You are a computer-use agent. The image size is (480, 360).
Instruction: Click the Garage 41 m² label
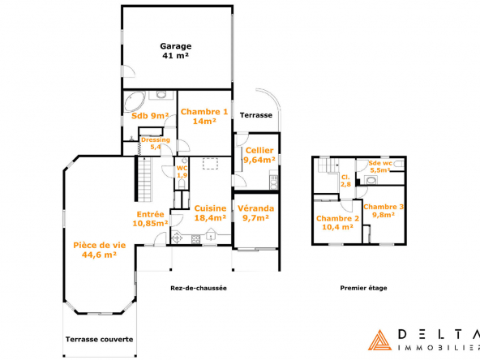[x=176, y=51]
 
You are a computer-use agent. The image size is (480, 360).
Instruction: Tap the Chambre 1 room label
[x=204, y=116]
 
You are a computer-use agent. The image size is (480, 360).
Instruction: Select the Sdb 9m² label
[x=150, y=116]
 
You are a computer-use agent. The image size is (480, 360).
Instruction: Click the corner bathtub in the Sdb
[x=134, y=101]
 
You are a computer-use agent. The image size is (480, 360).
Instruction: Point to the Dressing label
[x=156, y=143]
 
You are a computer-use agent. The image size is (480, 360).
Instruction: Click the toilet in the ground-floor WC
[x=182, y=184]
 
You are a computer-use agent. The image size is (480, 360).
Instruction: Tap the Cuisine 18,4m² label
[x=210, y=213]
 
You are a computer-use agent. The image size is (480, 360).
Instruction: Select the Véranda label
[x=256, y=213]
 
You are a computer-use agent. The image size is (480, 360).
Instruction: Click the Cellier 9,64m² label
[x=259, y=155]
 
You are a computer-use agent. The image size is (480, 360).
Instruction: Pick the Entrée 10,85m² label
[x=150, y=219]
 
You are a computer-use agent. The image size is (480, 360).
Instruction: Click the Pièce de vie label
[x=100, y=250]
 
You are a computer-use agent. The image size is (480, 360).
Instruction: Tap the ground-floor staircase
[x=144, y=179]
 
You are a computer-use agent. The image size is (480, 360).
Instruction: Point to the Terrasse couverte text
[x=99, y=339]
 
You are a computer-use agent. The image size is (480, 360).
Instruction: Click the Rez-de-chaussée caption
[x=199, y=288]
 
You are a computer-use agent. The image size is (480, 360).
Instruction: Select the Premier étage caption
[x=364, y=288]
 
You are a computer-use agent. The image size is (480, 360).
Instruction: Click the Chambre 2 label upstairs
[x=337, y=222]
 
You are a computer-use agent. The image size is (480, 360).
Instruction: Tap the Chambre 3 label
[x=384, y=211]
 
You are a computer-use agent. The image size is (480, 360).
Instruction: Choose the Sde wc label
[x=380, y=166]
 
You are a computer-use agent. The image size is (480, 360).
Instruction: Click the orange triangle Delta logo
[x=379, y=340]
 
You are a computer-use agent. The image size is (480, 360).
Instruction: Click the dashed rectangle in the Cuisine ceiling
[x=210, y=164]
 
